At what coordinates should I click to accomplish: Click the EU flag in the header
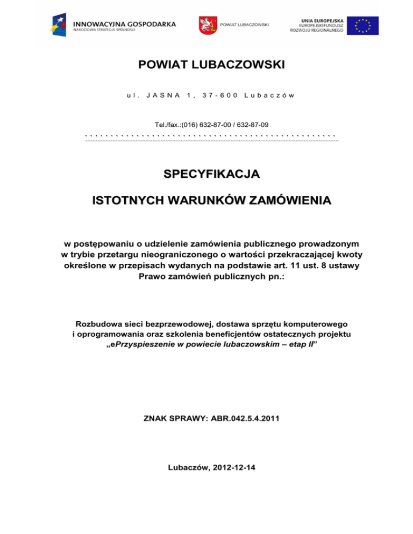(x=363, y=25)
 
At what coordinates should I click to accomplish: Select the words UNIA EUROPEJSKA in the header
(x=322, y=19)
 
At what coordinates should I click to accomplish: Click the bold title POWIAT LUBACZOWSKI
(x=211, y=66)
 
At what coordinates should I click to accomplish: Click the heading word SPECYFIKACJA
(x=211, y=175)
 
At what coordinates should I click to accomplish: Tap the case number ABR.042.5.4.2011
(x=245, y=417)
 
